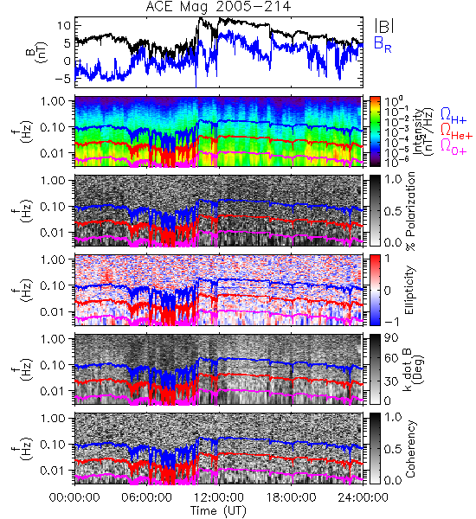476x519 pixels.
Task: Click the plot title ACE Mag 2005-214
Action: click(x=218, y=7)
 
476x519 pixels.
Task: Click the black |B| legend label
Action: click(x=384, y=26)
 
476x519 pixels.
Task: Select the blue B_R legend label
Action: click(x=383, y=44)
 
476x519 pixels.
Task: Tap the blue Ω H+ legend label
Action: click(x=453, y=116)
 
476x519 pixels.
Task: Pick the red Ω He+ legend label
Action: click(x=456, y=131)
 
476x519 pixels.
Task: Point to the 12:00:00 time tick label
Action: click(x=219, y=497)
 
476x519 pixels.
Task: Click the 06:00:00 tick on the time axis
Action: click(x=147, y=497)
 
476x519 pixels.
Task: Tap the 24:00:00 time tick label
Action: click(x=363, y=497)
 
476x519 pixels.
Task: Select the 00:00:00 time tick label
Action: click(x=74, y=497)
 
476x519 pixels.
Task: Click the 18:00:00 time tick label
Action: click(x=291, y=497)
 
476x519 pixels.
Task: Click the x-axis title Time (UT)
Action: click(x=219, y=511)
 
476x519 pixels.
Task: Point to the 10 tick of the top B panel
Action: click(x=64, y=25)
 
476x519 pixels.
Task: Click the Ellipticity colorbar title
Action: click(x=409, y=290)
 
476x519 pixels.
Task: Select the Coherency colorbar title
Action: click(x=410, y=449)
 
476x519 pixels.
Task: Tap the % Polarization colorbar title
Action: click(x=410, y=211)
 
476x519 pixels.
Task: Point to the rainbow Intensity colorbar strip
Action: click(x=375, y=131)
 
